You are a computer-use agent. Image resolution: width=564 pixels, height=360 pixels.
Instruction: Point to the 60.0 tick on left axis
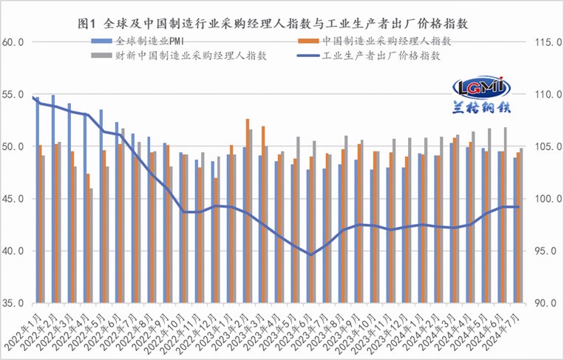tap(14, 43)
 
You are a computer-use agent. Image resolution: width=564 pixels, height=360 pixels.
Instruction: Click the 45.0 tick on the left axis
tap(14, 199)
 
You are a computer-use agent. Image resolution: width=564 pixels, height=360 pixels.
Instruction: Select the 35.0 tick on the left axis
tap(14, 303)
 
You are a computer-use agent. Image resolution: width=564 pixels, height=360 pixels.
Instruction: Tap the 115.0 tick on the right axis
tap(544, 43)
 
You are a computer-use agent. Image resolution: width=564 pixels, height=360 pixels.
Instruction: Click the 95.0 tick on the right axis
tap(544, 251)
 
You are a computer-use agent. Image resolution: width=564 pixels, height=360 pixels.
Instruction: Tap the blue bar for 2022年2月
tap(52, 199)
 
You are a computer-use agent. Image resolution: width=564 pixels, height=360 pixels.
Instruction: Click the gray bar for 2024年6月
tap(505, 215)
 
